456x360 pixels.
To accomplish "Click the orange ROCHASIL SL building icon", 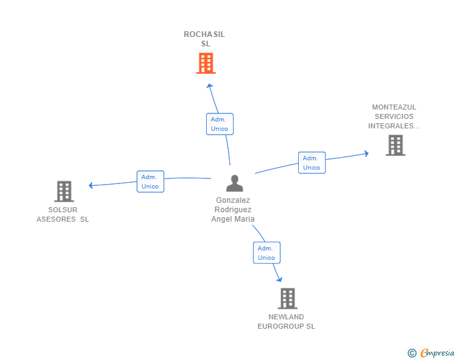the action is coord(206,63).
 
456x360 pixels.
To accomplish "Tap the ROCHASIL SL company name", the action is coord(204,39).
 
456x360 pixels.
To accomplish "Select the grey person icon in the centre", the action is coord(234,183).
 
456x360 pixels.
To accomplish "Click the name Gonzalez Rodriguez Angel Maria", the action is coord(233,209).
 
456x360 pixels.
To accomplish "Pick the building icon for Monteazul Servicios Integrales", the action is coord(395,145).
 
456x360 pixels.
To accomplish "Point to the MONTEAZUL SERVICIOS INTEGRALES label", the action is coord(394,116).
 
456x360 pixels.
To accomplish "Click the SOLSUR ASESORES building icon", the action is coord(64,192).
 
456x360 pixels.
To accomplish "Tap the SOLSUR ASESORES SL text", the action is coord(63,214).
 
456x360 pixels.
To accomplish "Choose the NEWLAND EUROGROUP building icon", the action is coord(288,299).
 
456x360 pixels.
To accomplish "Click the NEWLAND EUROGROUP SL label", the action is coord(286,322).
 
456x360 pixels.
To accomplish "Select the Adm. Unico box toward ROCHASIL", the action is coord(220,124).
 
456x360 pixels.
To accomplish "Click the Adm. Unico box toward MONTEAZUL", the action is coord(312,163).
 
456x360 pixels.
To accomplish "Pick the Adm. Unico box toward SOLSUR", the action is coord(150,182).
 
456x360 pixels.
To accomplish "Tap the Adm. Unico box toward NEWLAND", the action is coord(267,253).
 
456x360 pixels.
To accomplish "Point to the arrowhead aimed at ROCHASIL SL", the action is coord(210,86).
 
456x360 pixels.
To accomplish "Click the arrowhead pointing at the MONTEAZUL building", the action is coord(366,153).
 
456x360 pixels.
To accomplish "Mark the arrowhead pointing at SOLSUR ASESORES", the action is coord(91,185).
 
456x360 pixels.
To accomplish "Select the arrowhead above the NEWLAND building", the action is coord(279,279).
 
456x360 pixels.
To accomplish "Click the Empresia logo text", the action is coord(437,352).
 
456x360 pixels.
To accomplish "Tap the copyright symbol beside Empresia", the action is coord(412,353).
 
